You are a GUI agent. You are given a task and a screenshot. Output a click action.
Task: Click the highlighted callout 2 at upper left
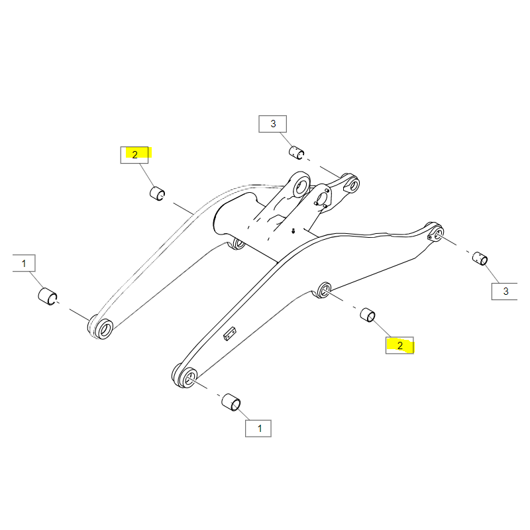pyautogui.click(x=134, y=155)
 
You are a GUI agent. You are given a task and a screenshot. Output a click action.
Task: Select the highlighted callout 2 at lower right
pyautogui.click(x=399, y=345)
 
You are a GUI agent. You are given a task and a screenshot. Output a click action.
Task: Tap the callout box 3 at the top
pyautogui.click(x=273, y=124)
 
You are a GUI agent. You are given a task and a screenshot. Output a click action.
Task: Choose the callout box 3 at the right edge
pyautogui.click(x=505, y=291)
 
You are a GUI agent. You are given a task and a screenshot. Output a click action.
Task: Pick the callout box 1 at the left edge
pyautogui.click(x=24, y=263)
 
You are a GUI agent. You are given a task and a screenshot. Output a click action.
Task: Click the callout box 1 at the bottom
pyautogui.click(x=258, y=429)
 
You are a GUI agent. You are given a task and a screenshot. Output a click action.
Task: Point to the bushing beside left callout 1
pyautogui.click(x=47, y=296)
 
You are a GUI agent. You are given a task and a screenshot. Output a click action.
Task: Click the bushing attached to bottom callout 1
pyautogui.click(x=231, y=403)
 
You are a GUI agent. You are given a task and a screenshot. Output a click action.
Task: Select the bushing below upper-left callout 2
pyautogui.click(x=157, y=193)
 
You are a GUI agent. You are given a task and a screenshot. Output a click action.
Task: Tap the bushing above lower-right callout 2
pyautogui.click(x=368, y=315)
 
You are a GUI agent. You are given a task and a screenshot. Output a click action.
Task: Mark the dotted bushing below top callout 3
pyautogui.click(x=296, y=152)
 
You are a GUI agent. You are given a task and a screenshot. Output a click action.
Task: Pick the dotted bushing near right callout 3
pyautogui.click(x=480, y=258)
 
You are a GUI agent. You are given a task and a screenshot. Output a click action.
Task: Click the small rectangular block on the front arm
pyautogui.click(x=230, y=334)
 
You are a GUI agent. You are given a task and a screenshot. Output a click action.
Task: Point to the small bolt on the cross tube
pyautogui.click(x=293, y=231)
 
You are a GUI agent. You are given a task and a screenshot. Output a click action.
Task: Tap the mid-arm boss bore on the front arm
pyautogui.click(x=325, y=290)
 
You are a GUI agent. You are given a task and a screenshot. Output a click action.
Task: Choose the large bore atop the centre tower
pyautogui.click(x=301, y=185)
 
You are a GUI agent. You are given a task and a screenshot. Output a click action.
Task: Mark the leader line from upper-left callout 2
pyautogui.click(x=144, y=175)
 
